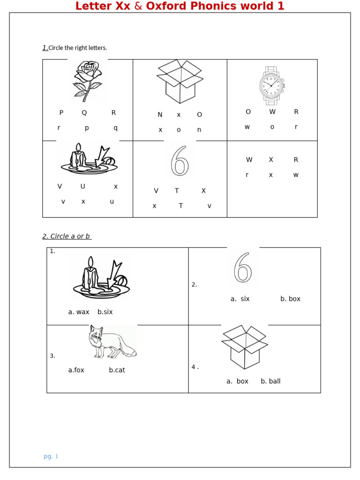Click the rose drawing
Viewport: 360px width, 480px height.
88,80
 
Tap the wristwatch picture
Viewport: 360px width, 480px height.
271,86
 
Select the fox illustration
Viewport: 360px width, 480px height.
112,342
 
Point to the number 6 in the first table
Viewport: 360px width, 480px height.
180,161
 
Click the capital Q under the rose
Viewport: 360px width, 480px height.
84,112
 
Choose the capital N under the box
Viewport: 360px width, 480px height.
160,115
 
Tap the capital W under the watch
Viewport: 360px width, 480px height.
272,112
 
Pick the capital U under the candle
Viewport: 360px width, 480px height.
83,187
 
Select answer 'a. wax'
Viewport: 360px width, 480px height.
79,312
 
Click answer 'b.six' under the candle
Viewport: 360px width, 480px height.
105,312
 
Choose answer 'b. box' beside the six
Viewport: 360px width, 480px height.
290,299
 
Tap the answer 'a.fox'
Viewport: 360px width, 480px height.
76,370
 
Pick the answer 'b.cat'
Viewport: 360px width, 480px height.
117,370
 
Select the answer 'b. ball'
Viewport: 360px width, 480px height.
270,381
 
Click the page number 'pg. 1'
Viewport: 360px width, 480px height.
51,456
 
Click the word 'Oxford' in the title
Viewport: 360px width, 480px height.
168,6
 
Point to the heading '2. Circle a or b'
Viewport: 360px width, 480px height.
67,236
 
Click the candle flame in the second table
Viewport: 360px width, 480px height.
90,262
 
